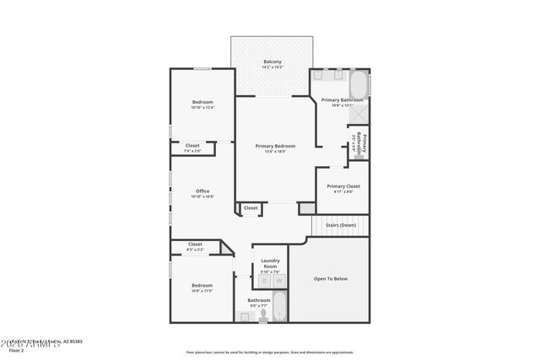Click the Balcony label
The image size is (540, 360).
[272, 62]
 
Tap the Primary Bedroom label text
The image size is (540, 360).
[275, 146]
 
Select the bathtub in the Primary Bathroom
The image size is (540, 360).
[359, 84]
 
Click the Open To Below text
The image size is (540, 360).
[330, 278]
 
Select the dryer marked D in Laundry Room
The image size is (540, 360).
[263, 281]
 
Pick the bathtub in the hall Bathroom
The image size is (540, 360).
[278, 307]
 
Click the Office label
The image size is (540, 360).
[202, 191]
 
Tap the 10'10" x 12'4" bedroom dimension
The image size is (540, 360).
[202, 107]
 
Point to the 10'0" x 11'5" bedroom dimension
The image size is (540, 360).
[202, 290]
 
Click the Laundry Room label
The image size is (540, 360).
[270, 263]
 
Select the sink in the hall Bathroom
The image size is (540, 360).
[245, 316]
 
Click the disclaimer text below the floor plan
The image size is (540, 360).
[269, 352]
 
